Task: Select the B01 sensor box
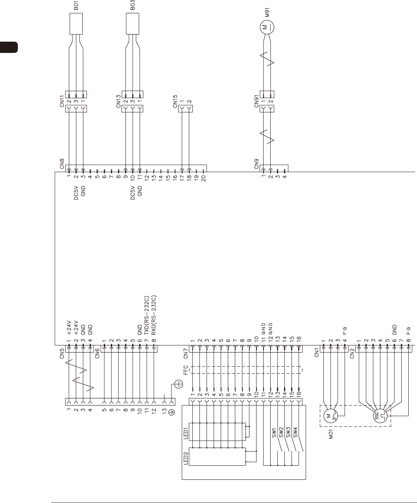point(76,24)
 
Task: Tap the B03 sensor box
point(133,24)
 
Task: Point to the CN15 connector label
point(175,101)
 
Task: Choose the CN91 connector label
point(256,101)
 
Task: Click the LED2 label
point(186,457)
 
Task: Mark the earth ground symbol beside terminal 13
point(179,384)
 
